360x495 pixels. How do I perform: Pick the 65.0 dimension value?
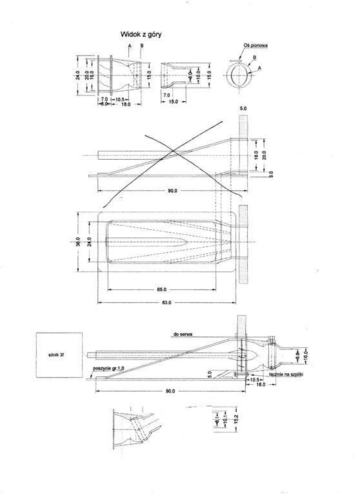pyautogui.click(x=161, y=290)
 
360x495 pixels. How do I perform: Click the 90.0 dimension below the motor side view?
pyautogui.click(x=170, y=391)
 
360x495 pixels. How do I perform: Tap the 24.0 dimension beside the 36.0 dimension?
pyautogui.click(x=88, y=242)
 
